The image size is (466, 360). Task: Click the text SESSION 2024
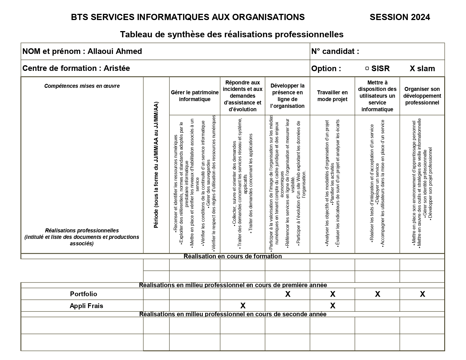pyautogui.click(x=400, y=17)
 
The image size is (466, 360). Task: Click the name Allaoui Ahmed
pyautogui.click(x=115, y=51)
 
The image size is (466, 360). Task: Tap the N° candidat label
pyautogui.click(x=335, y=51)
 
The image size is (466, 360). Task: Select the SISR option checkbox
pyautogui.click(x=367, y=68)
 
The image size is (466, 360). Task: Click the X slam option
pyautogui.click(x=422, y=69)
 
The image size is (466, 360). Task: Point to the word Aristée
pyautogui.click(x=117, y=68)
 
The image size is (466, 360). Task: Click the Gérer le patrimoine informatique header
pyautogui.click(x=195, y=96)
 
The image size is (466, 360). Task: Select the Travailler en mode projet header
pyautogui.click(x=332, y=96)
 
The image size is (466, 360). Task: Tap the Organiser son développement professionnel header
pyautogui.click(x=422, y=96)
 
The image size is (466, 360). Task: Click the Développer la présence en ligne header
pyautogui.click(x=287, y=96)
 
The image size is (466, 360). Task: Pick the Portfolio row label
pyautogui.click(x=84, y=294)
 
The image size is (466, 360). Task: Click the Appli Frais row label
pyautogui.click(x=86, y=306)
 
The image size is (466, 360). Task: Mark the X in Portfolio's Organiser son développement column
pyautogui.click(x=422, y=294)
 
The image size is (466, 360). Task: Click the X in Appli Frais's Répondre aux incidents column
pyautogui.click(x=243, y=306)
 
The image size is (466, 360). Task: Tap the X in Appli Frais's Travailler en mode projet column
pyautogui.click(x=333, y=306)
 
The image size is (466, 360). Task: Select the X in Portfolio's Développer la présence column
pyautogui.click(x=288, y=294)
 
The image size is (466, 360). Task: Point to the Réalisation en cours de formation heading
pyautogui.click(x=233, y=256)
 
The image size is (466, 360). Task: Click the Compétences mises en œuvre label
pyautogui.click(x=82, y=86)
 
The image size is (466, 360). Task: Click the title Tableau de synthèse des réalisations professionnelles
pyautogui.click(x=232, y=34)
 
